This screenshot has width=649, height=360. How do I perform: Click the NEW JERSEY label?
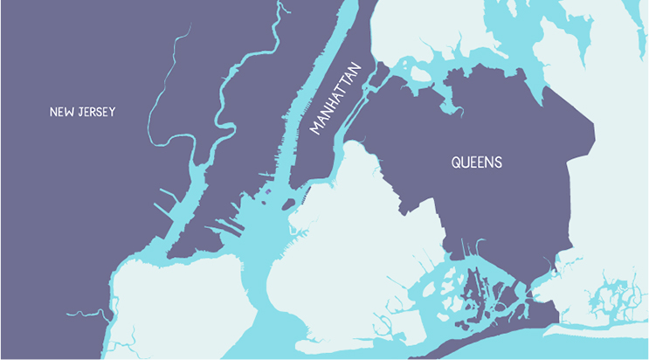tap(82, 112)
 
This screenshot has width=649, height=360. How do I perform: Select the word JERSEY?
tap(95, 112)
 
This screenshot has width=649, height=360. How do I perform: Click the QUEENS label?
tap(476, 163)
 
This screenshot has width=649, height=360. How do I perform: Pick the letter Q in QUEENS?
tap(456, 163)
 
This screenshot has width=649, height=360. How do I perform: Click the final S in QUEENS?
tap(498, 163)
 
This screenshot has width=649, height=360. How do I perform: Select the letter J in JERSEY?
tap(79, 112)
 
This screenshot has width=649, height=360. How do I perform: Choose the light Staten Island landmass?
tap(175, 306)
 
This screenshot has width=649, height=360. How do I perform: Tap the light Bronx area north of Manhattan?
tap(419, 26)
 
